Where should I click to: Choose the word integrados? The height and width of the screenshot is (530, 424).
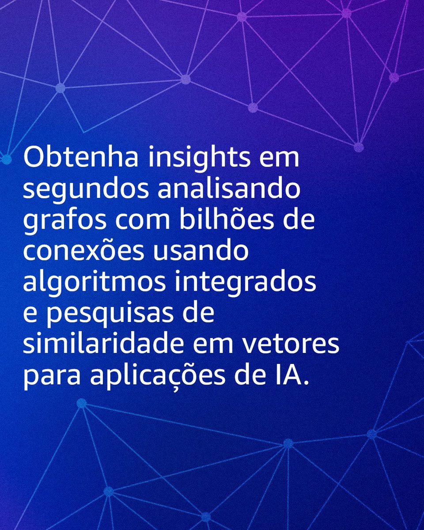pos(246,283)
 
